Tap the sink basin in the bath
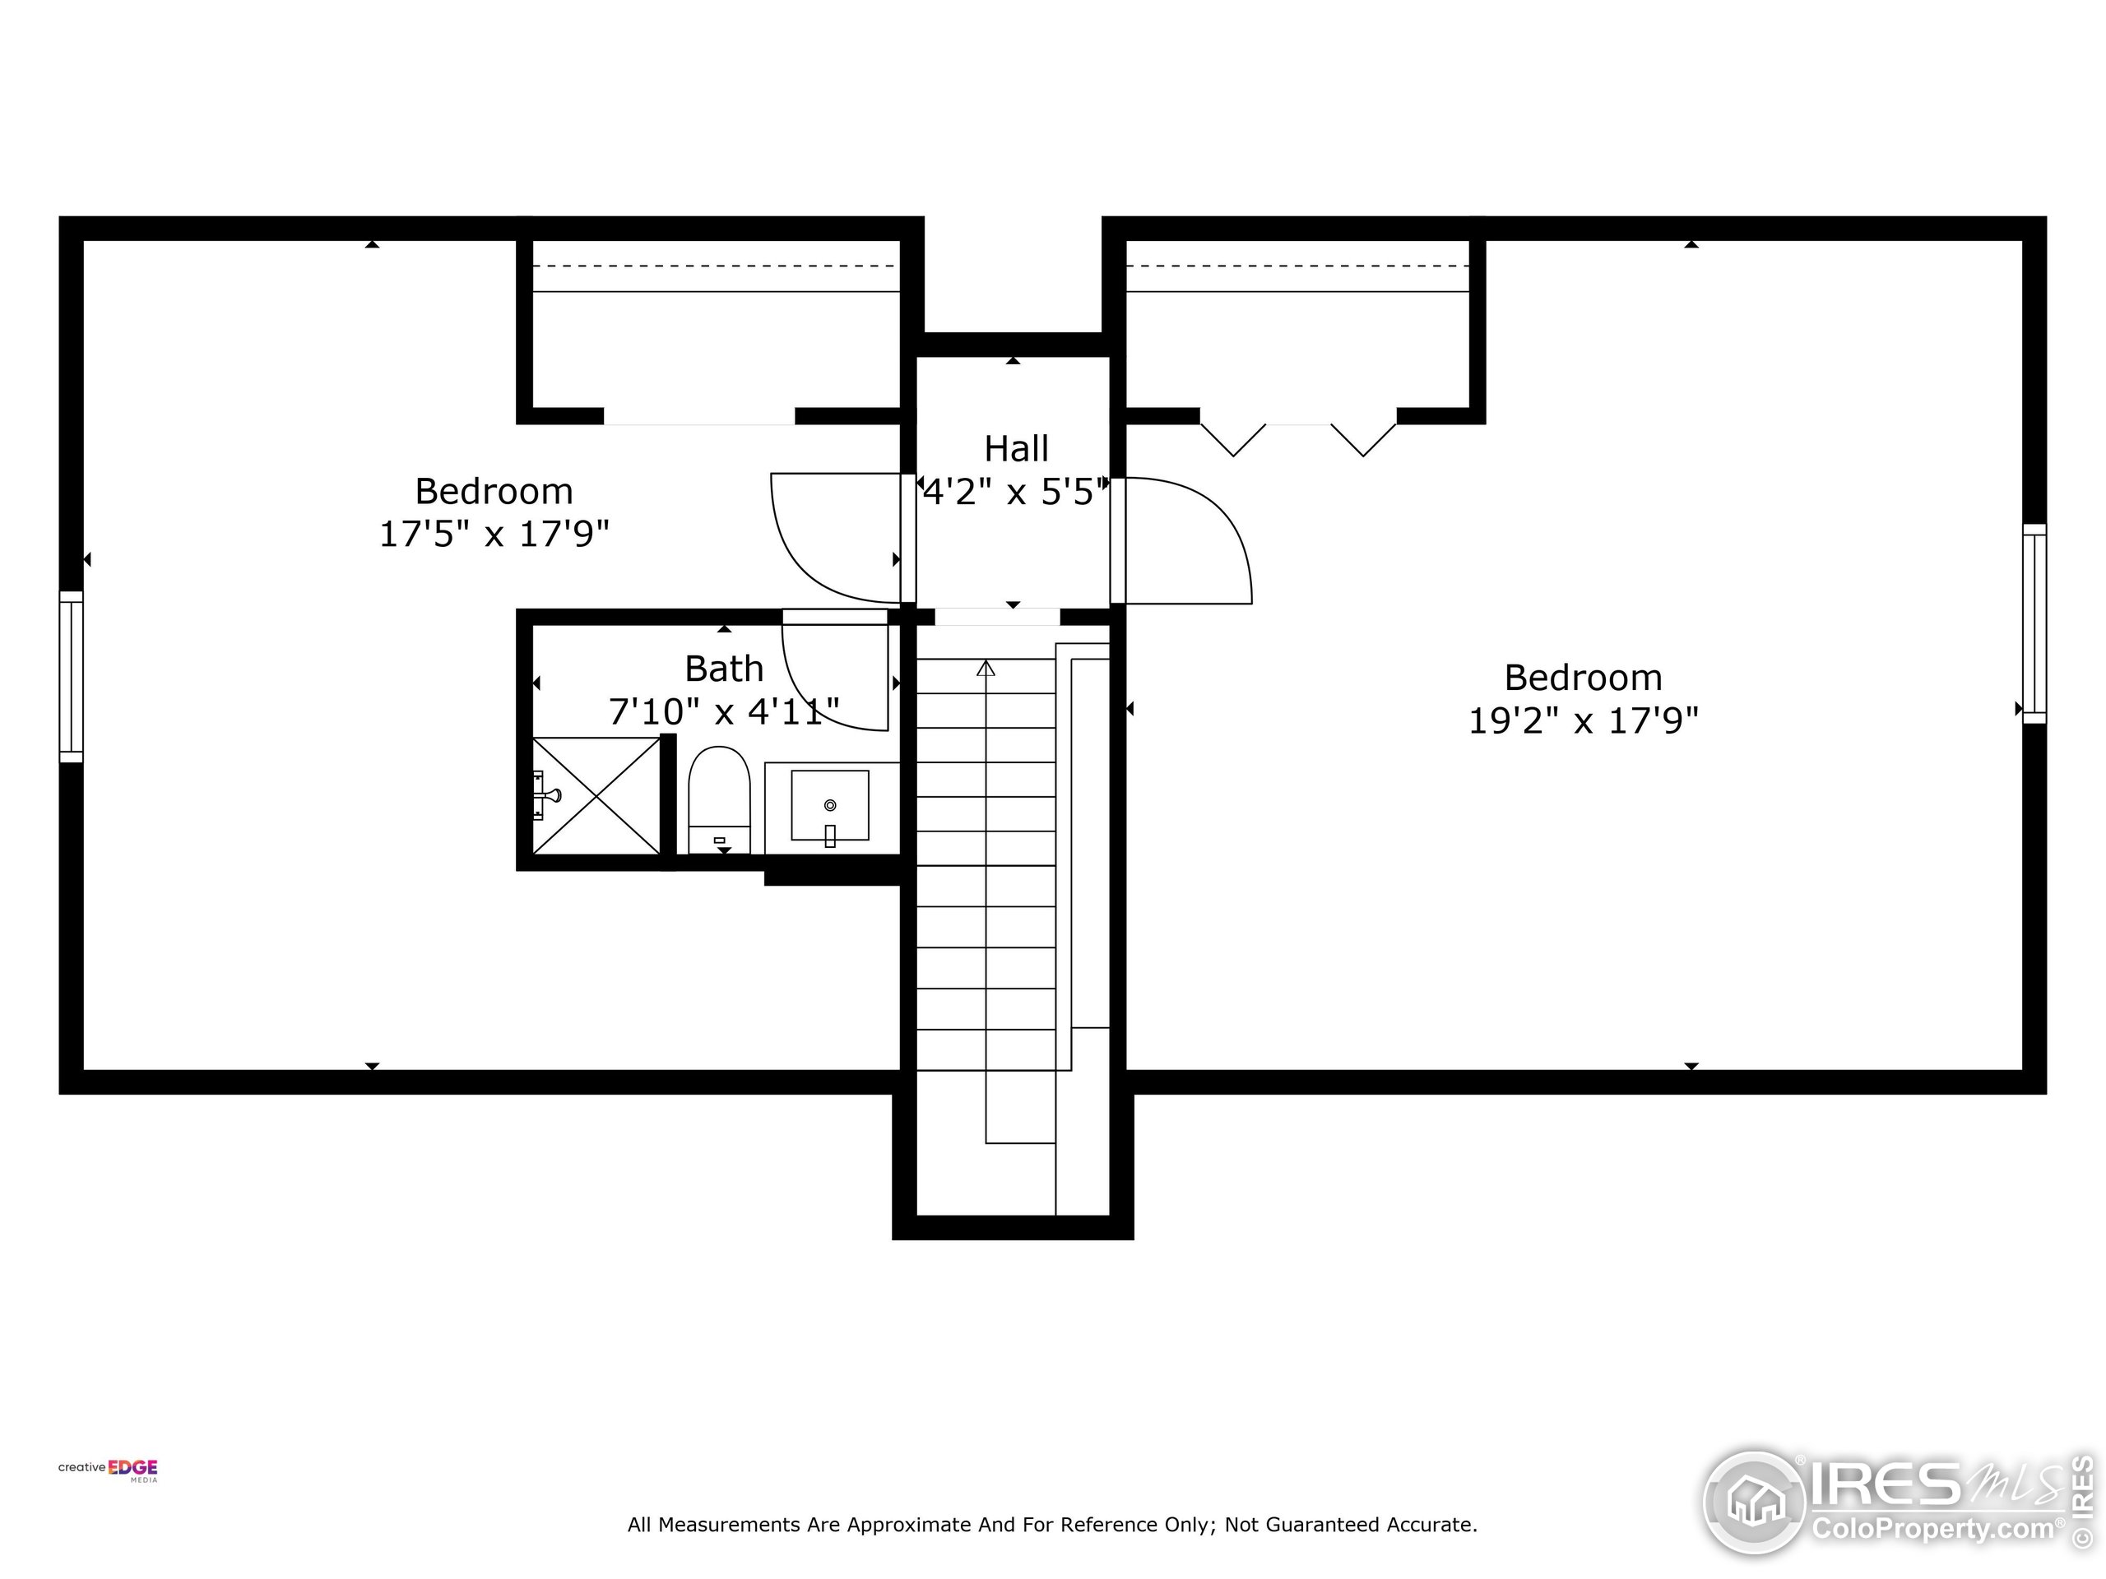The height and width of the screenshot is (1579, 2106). [829, 805]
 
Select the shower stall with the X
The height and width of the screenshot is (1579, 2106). [596, 796]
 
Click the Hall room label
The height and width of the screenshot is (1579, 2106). [1016, 448]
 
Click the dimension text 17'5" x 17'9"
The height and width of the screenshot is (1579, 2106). [494, 534]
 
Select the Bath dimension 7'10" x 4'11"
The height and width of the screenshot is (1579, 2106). [724, 712]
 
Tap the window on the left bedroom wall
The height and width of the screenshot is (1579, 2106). [72, 677]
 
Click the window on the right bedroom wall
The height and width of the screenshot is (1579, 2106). [2034, 623]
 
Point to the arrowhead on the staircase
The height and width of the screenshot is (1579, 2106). [986, 669]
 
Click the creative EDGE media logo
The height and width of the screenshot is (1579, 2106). [108, 1470]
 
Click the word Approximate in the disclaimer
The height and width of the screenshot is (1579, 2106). [907, 1525]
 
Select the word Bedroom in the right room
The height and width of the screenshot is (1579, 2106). [1582, 678]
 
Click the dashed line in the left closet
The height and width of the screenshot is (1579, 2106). [714, 266]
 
